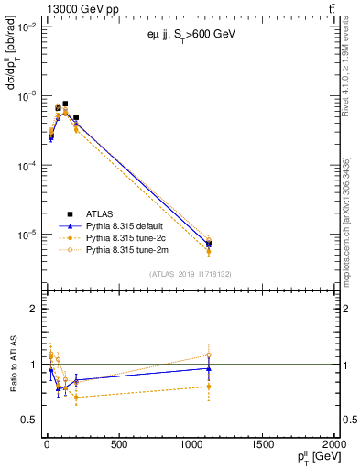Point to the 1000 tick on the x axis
click(x=190, y=445)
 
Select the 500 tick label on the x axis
click(x=117, y=445)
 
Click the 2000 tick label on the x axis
click(x=332, y=445)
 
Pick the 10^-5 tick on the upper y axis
click(x=26, y=235)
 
